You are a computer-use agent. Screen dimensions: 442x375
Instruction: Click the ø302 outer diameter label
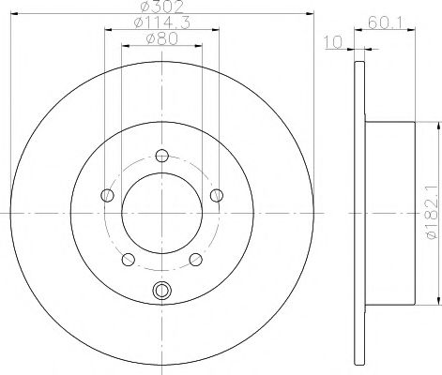(x=161, y=7)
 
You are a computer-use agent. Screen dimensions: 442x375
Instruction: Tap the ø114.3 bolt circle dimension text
(x=161, y=22)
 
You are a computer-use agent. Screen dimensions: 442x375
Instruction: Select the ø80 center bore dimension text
(x=161, y=39)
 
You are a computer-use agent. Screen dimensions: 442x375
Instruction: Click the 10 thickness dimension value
(x=333, y=42)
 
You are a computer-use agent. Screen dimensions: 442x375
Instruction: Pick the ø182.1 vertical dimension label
(x=433, y=213)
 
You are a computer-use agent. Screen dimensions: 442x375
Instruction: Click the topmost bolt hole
(x=162, y=156)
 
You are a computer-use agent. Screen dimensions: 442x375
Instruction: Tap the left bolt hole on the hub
(x=108, y=196)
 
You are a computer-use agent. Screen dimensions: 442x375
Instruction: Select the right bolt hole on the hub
(x=217, y=196)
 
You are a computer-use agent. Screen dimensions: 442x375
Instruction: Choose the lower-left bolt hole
(x=129, y=260)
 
